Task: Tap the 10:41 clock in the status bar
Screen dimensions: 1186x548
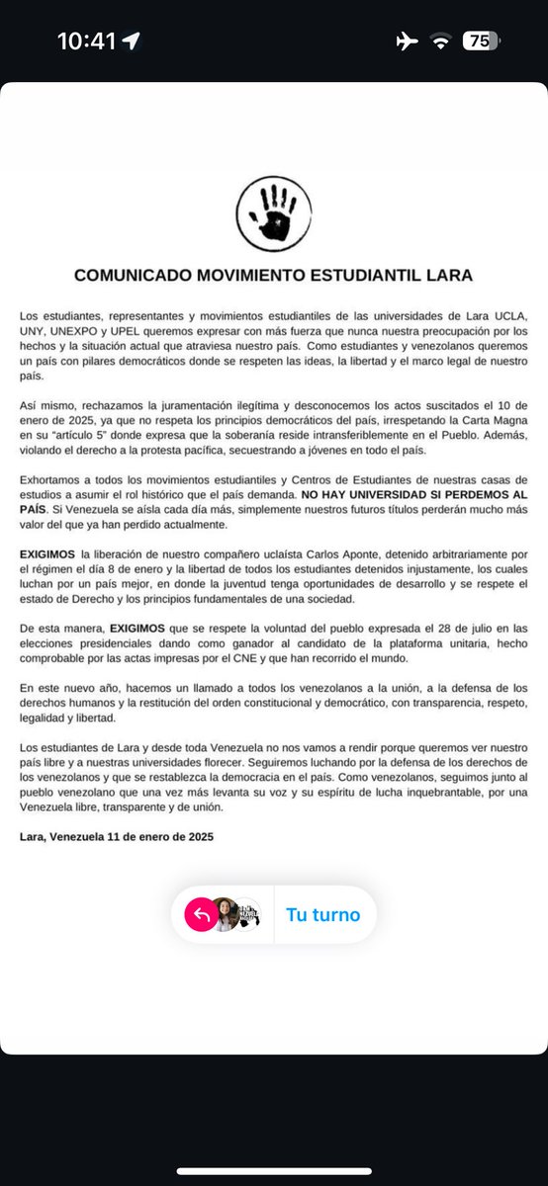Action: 86,42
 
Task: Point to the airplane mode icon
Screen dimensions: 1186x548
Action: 406,42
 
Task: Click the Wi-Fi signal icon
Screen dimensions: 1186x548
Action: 438,42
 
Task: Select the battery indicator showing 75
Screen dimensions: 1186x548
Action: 481,42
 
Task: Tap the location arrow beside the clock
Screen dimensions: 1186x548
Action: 132,42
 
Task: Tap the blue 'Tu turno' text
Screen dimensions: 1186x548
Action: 323,915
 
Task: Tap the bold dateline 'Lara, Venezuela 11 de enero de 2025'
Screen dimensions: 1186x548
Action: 117,837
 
